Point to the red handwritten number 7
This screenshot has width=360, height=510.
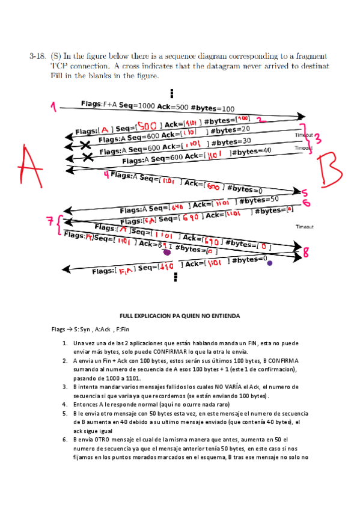tap(51, 223)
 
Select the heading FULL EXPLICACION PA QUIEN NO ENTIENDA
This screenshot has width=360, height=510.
tap(180, 316)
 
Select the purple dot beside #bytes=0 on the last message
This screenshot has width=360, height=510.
tap(269, 263)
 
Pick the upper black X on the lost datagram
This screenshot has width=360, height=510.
tap(87, 145)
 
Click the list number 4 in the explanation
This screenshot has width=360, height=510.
tap(64, 405)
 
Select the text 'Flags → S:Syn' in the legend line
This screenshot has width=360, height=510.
tap(71, 330)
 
